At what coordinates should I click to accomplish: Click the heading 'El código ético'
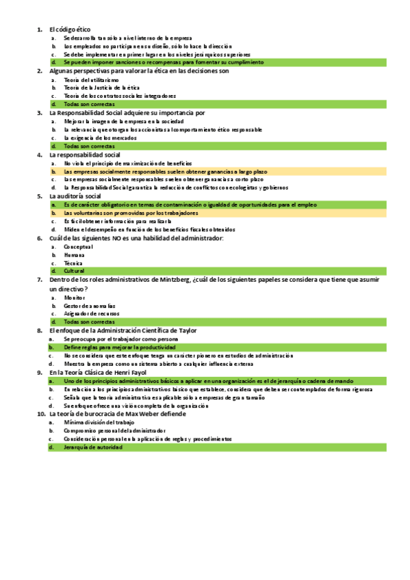[x=70, y=30]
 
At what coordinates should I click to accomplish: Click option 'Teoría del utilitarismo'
[x=91, y=79]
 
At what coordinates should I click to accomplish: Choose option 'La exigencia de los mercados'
[x=100, y=137]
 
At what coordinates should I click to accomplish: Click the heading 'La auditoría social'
[x=75, y=196]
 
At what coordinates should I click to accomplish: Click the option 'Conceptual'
[x=78, y=246]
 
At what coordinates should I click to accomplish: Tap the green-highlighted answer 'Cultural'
[x=74, y=271]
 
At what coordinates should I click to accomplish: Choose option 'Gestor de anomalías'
[x=90, y=305]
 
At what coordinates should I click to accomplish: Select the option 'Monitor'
[x=75, y=297]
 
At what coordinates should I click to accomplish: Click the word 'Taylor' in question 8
[x=187, y=330]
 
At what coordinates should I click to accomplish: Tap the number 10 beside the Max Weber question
[x=41, y=414]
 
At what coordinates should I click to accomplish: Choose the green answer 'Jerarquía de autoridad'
[x=93, y=447]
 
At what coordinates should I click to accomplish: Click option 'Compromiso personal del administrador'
[x=114, y=430]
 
